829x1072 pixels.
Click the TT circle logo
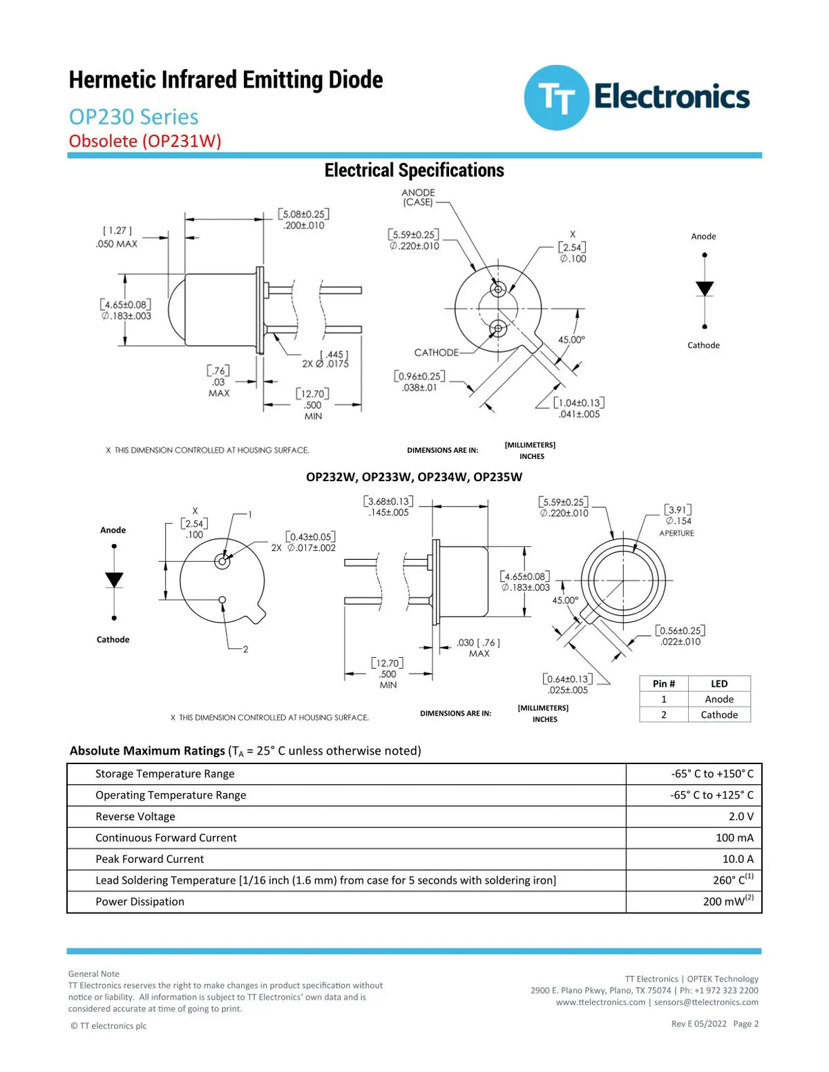(556, 97)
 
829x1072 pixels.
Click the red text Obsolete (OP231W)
(144, 141)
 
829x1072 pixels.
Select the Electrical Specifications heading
(414, 170)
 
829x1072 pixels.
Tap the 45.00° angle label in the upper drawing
(571, 340)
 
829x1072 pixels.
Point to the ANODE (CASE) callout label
(418, 197)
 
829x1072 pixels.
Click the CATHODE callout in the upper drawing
(437, 352)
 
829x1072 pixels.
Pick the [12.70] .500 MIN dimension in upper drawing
(312, 405)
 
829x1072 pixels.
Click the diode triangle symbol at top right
(704, 289)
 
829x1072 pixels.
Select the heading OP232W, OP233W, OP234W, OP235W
(414, 477)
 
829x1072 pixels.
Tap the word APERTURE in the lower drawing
(676, 533)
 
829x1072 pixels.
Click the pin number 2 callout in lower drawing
(245, 649)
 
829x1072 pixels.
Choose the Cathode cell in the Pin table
(719, 714)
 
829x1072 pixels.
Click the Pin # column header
(664, 683)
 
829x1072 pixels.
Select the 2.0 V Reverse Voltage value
(741, 816)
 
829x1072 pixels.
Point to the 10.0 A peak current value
(738, 859)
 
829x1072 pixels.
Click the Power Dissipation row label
(140, 902)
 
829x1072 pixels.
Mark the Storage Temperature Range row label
(165, 774)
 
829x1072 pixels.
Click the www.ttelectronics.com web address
(600, 1002)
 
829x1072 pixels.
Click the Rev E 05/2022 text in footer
(698, 1024)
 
